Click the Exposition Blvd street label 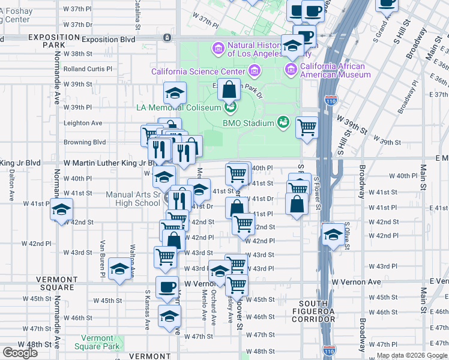coord(109,39)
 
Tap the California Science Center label coord(198,71)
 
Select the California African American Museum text coord(335,71)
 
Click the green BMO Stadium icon coord(283,123)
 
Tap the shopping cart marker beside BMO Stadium coord(307,127)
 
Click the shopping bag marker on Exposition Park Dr coord(229,90)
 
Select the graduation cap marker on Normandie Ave coord(61,211)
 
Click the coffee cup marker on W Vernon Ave coord(167,287)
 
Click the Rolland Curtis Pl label coord(88,68)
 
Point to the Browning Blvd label coord(85,143)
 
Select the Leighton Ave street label coord(83,123)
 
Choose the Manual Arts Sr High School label coord(133,199)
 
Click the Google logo coord(20,353)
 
